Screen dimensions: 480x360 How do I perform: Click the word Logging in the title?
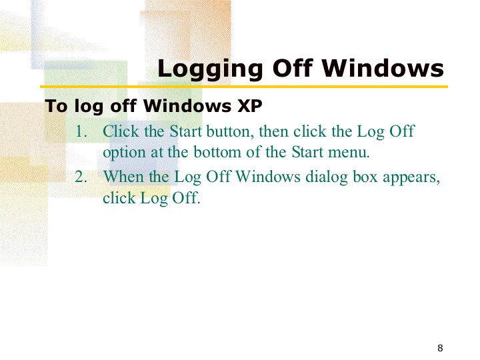point(210,69)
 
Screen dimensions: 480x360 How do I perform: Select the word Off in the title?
point(293,67)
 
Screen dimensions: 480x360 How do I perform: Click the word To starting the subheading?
point(56,107)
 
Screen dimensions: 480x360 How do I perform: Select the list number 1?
point(81,131)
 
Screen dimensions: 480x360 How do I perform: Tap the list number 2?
point(81,177)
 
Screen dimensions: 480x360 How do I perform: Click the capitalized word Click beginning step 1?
point(121,131)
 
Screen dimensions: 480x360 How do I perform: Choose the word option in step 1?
point(124,153)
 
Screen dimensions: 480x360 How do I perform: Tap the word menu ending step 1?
point(349,153)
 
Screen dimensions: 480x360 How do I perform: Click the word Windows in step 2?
point(268,177)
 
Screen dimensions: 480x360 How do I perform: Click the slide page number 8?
point(440,348)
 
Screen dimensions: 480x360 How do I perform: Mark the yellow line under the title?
point(244,87)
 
